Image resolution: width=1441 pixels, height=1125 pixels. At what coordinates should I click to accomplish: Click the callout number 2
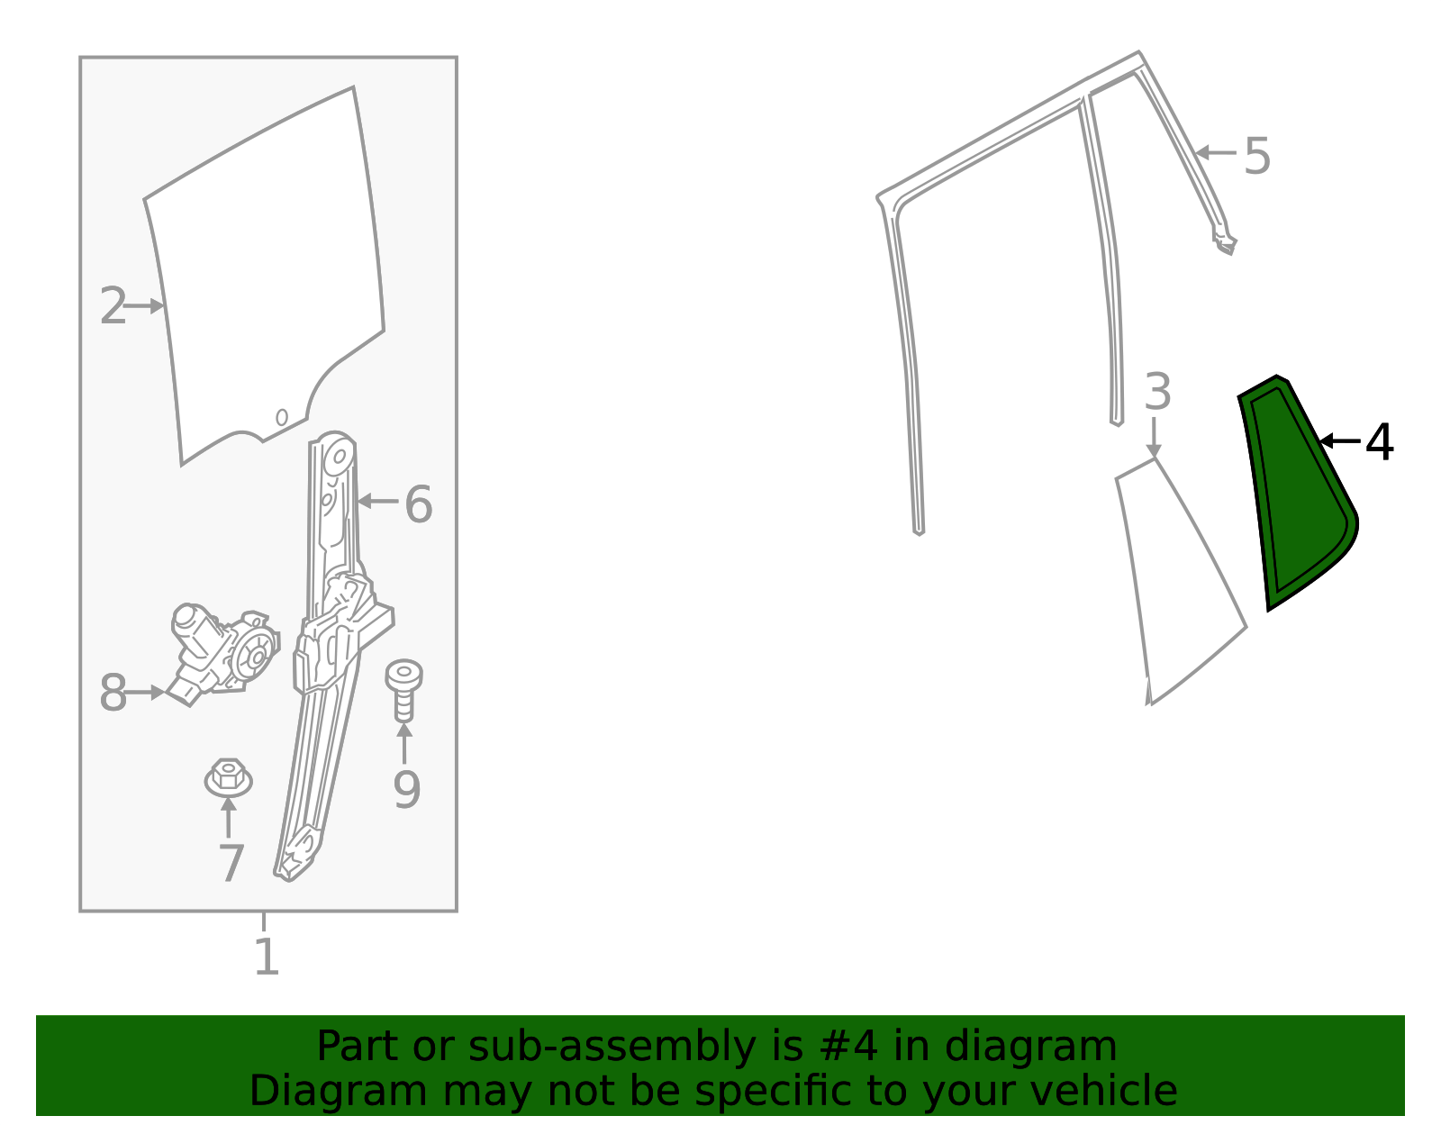[x=112, y=305]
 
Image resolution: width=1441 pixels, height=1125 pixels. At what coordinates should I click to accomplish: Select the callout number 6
[x=419, y=504]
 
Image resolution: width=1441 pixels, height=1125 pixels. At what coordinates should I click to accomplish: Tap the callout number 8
[x=112, y=693]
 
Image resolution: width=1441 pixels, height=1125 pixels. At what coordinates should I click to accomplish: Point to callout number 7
[x=231, y=864]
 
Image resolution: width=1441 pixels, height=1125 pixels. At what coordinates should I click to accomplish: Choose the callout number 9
[x=407, y=789]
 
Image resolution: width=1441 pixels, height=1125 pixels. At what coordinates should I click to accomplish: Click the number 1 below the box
[x=267, y=957]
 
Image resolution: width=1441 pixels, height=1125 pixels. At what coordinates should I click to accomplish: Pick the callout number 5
[x=1256, y=157]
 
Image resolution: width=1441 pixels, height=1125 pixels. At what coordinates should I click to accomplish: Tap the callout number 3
[x=1158, y=391]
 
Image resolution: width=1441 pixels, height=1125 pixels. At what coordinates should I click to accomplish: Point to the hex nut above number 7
[x=228, y=777]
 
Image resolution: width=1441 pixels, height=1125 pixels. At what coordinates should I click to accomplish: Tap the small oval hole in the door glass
[x=282, y=417]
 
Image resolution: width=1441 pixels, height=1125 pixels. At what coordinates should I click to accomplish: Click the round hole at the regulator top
[x=340, y=457]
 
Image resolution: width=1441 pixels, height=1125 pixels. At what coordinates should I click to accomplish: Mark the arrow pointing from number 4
[x=1339, y=440]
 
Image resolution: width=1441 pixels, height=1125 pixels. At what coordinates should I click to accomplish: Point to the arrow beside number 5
[x=1215, y=153]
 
